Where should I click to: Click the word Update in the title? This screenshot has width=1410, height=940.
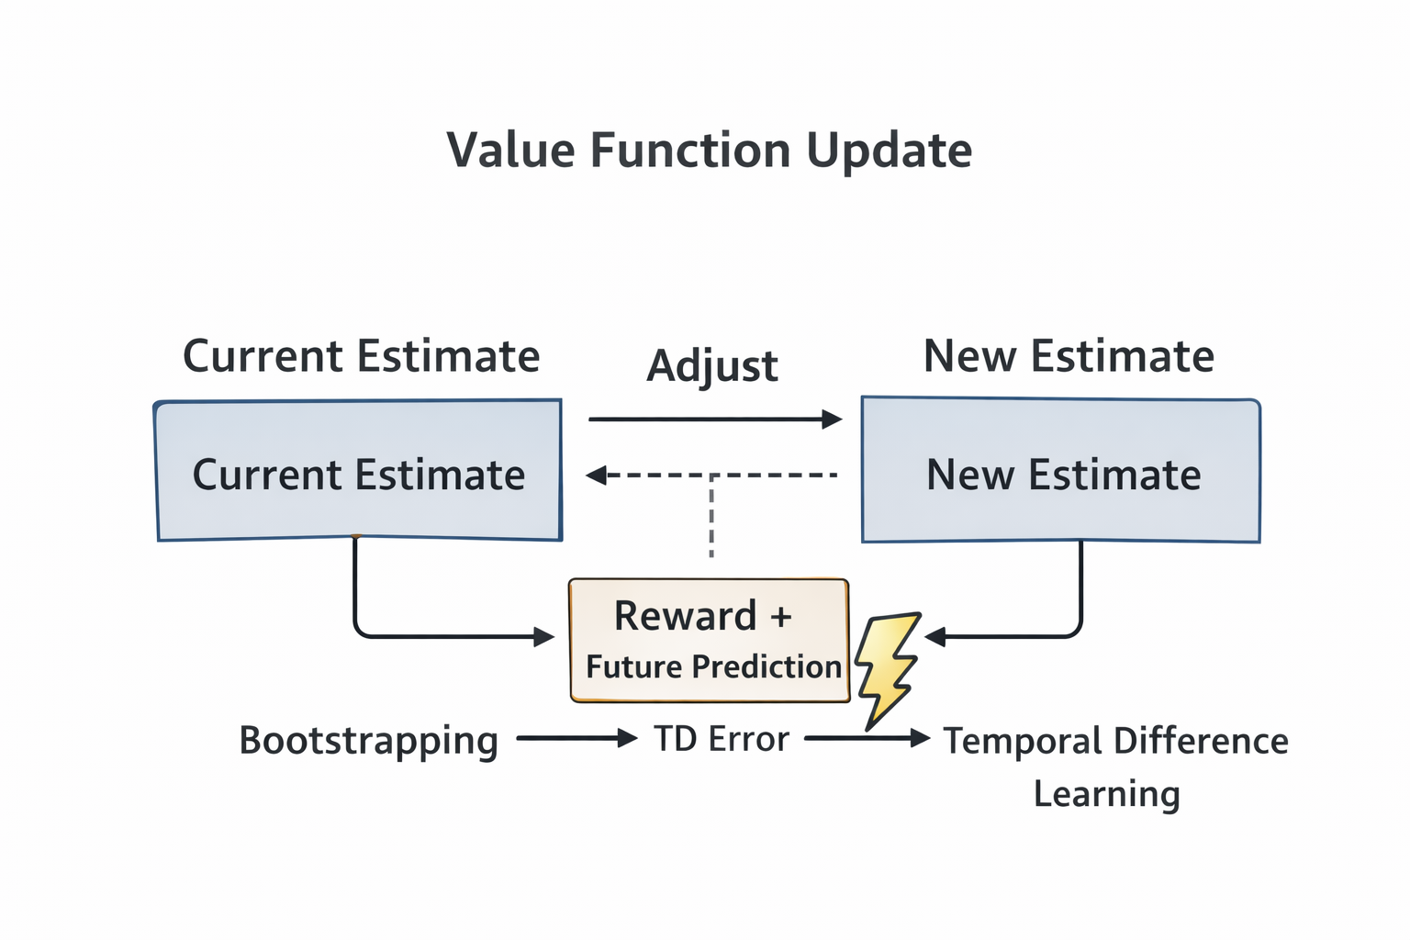pyautogui.click(x=889, y=151)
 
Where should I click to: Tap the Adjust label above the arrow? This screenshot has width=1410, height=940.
pyautogui.click(x=712, y=366)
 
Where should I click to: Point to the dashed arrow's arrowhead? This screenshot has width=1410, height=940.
pyautogui.click(x=597, y=476)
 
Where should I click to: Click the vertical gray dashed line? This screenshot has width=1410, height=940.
pyautogui.click(x=711, y=519)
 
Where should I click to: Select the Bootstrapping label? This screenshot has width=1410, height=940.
pyautogui.click(x=368, y=740)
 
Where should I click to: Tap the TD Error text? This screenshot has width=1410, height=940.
pyautogui.click(x=722, y=739)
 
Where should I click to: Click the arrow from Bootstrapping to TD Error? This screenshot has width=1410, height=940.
pyautogui.click(x=576, y=738)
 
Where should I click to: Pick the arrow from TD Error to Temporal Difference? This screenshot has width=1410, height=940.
pyautogui.click(x=867, y=738)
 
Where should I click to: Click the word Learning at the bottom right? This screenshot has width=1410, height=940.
pyautogui.click(x=1106, y=794)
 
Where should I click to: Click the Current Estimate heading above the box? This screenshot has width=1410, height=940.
pyautogui.click(x=361, y=356)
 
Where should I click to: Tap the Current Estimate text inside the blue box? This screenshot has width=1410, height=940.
pyautogui.click(x=358, y=476)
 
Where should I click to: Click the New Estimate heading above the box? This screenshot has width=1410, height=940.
pyautogui.click(x=1069, y=356)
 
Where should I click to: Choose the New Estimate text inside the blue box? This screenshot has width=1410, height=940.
pyautogui.click(x=1063, y=476)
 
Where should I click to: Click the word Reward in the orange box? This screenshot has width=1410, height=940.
pyautogui.click(x=685, y=616)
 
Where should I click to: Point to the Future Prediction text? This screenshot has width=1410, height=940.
pyautogui.click(x=713, y=666)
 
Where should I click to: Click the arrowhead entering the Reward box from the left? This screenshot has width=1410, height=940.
pyautogui.click(x=544, y=636)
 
